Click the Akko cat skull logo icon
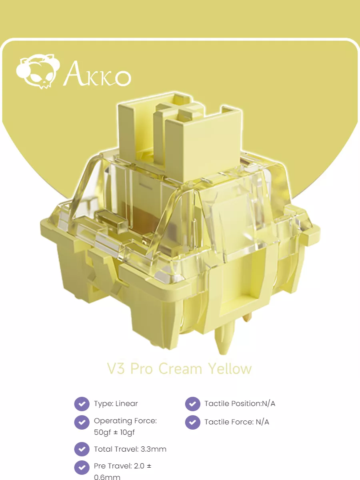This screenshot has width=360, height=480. [x=38, y=72]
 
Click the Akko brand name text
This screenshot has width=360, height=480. [x=97, y=74]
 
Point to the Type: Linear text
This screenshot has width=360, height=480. [x=116, y=404]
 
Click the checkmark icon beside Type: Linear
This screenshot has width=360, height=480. [x=82, y=404]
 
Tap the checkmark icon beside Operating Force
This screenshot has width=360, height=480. [x=82, y=422]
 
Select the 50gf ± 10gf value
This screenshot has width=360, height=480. [x=114, y=432]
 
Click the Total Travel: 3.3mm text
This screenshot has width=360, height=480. [x=130, y=449]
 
